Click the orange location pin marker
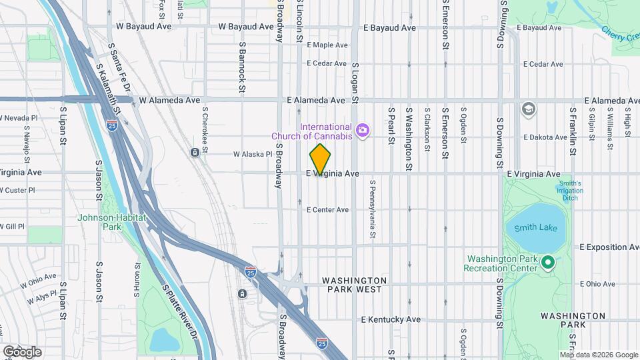click(320, 159)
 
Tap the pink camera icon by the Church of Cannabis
click(363, 130)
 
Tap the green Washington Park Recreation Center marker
click(548, 263)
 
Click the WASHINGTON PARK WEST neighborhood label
click(354, 285)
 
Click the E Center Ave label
click(327, 210)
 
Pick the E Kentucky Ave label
click(391, 320)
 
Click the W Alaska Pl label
click(253, 154)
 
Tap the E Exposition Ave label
click(609, 247)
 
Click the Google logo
click(22, 351)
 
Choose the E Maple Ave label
click(327, 45)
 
